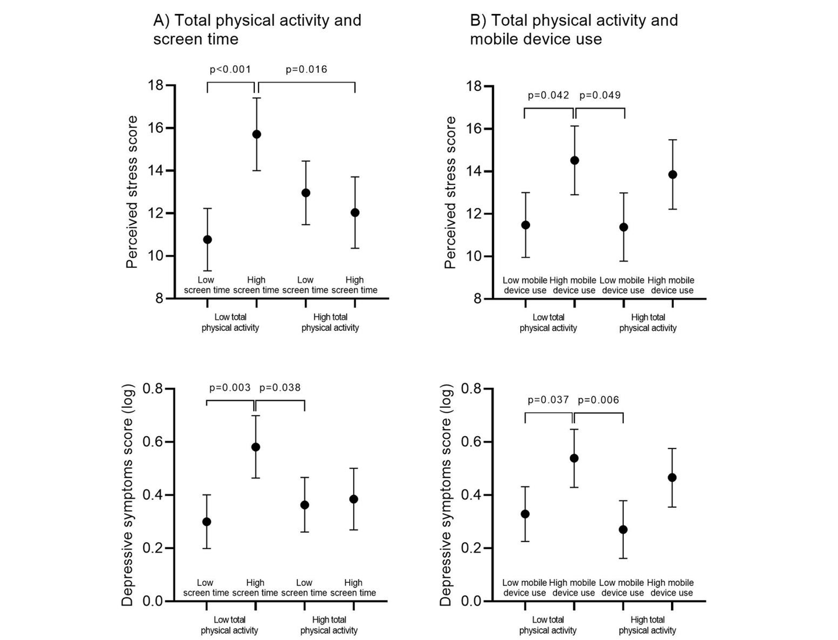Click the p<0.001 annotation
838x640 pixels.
230,70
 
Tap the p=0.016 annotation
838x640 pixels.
306,70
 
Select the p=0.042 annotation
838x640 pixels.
548,96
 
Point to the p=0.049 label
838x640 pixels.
600,96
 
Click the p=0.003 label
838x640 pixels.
230,388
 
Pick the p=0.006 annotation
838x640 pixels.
598,400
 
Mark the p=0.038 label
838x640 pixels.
280,388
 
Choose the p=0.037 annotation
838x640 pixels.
548,400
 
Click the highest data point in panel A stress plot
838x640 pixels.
256,135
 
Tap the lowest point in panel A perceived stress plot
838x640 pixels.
207,239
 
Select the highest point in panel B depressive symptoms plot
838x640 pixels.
574,458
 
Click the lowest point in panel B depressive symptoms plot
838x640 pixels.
623,529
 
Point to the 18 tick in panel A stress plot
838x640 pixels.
155,86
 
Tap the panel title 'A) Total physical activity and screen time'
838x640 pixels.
257,30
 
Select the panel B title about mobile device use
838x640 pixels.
573,30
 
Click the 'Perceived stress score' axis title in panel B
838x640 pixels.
450,192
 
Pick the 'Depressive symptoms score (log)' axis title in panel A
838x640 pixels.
127,495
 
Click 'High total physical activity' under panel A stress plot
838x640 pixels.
330,323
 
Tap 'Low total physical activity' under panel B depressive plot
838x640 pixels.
548,625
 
